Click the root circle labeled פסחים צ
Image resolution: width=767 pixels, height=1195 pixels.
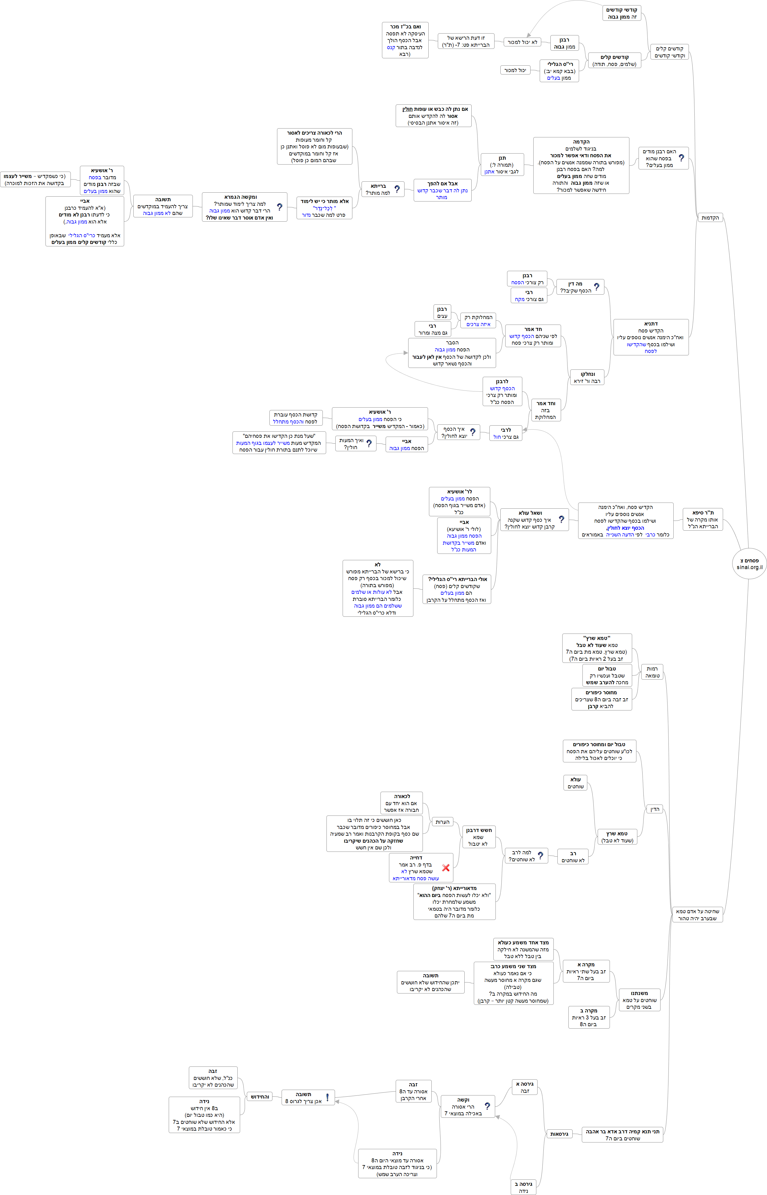(749, 564)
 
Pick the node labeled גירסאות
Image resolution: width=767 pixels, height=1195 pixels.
(559, 1134)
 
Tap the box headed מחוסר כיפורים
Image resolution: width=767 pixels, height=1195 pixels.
(602, 699)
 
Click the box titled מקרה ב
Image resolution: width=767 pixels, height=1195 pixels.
(589, 1017)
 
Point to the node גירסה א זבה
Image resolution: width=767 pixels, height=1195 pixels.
(525, 1087)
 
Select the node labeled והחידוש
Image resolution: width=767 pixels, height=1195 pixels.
(260, 1096)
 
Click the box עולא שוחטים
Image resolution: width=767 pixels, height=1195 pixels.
(576, 783)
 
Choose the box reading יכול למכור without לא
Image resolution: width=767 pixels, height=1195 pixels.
(515, 70)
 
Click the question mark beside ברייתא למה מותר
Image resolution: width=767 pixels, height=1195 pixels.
(397, 189)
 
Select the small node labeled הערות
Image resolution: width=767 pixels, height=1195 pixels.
(442, 822)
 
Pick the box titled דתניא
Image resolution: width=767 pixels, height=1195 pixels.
(651, 337)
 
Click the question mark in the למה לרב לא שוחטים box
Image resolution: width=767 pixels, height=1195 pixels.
(540, 855)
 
